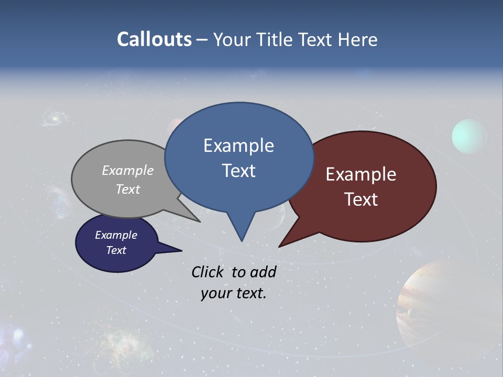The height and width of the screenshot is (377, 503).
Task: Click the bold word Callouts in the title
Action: point(154,39)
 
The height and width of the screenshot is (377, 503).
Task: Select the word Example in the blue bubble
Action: point(238,146)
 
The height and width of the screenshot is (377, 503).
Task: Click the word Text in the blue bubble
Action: point(238,171)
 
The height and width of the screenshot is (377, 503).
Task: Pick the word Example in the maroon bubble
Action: point(361,174)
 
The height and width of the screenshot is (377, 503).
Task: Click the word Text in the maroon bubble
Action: point(361,199)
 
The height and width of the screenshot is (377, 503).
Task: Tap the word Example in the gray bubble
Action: point(128,171)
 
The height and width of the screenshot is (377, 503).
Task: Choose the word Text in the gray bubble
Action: point(128,189)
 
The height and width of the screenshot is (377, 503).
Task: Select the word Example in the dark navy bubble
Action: point(116,235)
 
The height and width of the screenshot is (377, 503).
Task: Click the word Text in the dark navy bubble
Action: point(116,250)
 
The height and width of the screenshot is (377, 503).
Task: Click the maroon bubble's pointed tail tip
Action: point(280,246)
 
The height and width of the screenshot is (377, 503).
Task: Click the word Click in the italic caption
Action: point(209,272)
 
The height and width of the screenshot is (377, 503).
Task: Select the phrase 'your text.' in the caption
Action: point(234,293)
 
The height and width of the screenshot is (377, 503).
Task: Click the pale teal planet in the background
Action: point(469,136)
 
